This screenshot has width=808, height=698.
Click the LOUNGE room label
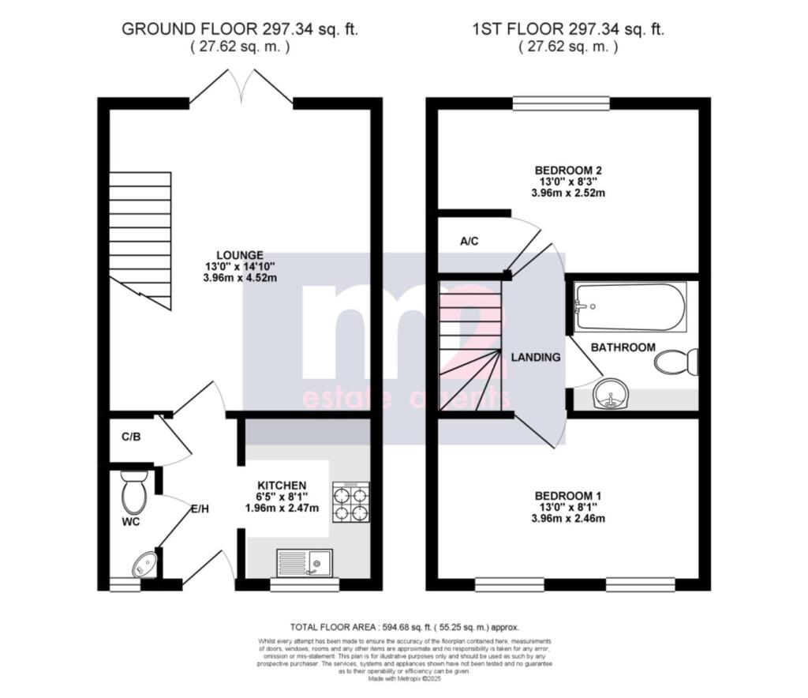point(241,255)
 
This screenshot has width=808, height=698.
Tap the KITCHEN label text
point(282,485)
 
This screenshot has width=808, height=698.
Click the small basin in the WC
point(145,563)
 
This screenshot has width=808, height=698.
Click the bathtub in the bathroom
point(630,307)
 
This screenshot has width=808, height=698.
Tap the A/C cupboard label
point(469,241)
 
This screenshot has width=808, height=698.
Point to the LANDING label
point(536,357)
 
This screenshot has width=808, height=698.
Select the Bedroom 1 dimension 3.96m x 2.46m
point(567,519)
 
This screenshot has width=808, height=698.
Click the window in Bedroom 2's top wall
point(561,103)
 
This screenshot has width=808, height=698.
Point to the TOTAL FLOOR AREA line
point(405,626)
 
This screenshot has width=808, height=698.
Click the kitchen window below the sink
point(305,584)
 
